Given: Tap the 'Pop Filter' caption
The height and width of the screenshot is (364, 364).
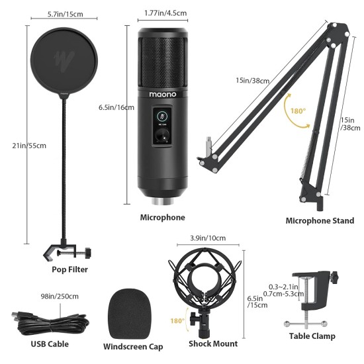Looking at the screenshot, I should pos(69,269).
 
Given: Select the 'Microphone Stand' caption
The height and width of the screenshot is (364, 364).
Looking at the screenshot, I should pos(320,221).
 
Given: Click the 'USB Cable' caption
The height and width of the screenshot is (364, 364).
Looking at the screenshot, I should pos(50,343).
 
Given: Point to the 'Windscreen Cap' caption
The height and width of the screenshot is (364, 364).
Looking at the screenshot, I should pos(133,346).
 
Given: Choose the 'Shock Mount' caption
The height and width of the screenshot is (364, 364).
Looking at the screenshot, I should pos(212,343).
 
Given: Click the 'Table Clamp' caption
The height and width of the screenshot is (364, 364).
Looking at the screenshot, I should pos(312,336).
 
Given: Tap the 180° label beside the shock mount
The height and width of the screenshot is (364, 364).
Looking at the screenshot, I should pos(177,321).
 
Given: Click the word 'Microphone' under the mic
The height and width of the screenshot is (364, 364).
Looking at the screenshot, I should pos(162,217).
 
